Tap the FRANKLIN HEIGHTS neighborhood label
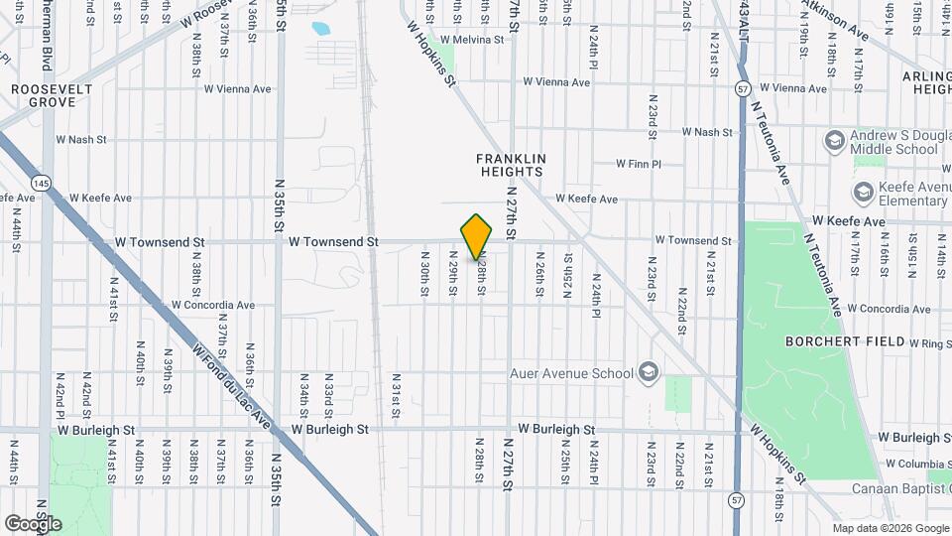511,165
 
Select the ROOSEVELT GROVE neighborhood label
45,95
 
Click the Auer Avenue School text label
570,373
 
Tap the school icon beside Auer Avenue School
649,372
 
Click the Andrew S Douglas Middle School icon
834,140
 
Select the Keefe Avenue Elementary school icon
863,191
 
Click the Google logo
33,523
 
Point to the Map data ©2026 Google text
890,528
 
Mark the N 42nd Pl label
60,395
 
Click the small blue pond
321,29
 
